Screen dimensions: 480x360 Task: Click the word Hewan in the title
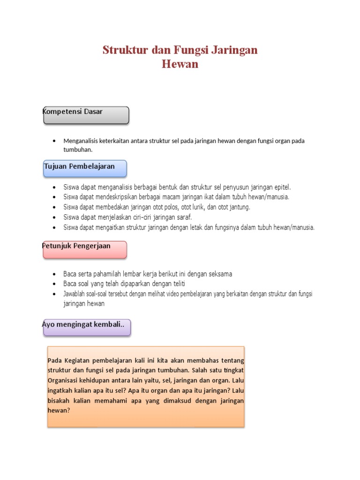pyautogui.click(x=180, y=64)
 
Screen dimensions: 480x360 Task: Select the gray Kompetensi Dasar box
pyautogui.click(x=86, y=115)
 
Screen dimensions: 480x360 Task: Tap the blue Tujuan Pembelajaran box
pyautogui.click(x=85, y=168)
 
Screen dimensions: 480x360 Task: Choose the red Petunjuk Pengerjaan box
pyautogui.click(x=85, y=249)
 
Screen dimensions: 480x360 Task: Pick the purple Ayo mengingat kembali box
pyautogui.click(x=87, y=328)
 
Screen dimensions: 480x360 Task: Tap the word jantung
pyautogui.click(x=240, y=207)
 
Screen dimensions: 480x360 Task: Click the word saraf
pyautogui.click(x=184, y=217)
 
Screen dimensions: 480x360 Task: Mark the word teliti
pyautogui.click(x=183, y=284)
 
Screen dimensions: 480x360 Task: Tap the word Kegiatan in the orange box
pyautogui.click(x=73, y=360)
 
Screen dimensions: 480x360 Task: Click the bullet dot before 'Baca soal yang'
pyautogui.click(x=55, y=284)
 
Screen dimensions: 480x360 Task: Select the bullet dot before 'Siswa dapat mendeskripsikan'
pyautogui.click(x=55, y=197)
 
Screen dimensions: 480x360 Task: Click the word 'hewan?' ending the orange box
pyautogui.click(x=59, y=410)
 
